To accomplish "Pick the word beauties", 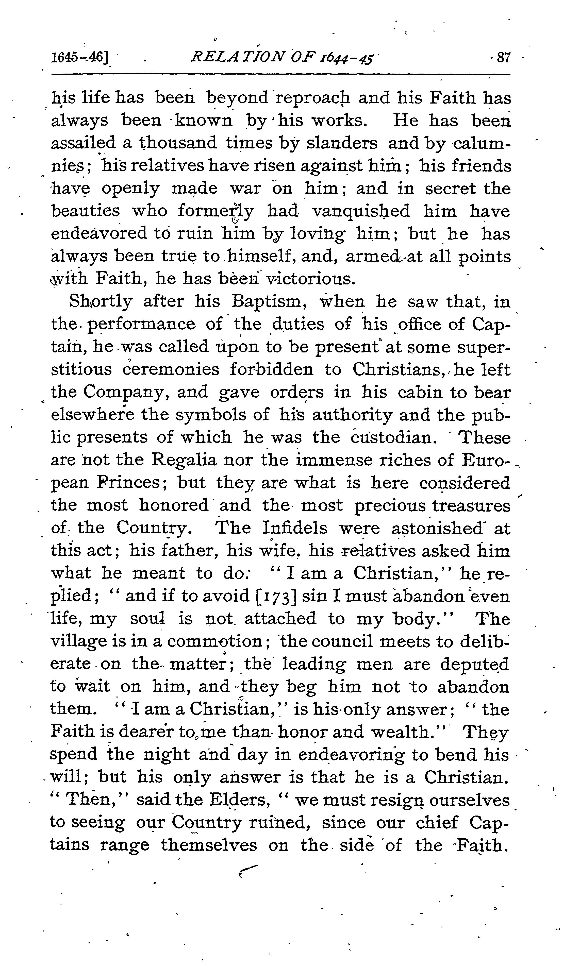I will (x=85, y=211).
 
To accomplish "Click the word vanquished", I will (x=360, y=211).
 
